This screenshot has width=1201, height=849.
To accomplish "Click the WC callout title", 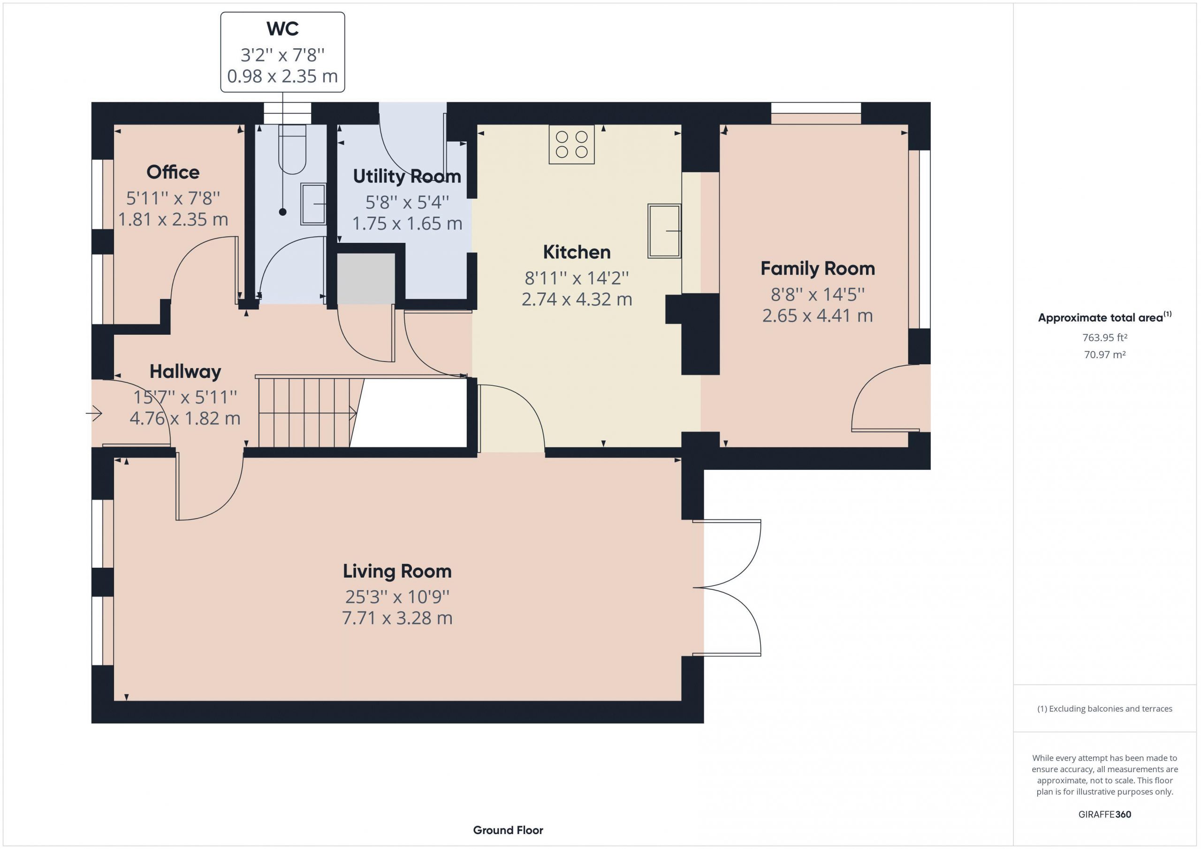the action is pyautogui.click(x=282, y=29).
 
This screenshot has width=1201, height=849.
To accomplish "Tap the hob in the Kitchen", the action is pyautogui.click(x=571, y=144).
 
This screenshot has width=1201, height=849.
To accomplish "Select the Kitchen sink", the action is pyautogui.click(x=664, y=231).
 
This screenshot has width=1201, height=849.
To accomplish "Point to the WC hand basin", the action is pyautogui.click(x=313, y=204).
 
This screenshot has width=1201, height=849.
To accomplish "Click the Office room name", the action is pyautogui.click(x=173, y=172).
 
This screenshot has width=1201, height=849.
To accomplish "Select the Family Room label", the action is pyautogui.click(x=818, y=268).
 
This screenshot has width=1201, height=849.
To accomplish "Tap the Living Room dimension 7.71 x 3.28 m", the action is pyautogui.click(x=397, y=618).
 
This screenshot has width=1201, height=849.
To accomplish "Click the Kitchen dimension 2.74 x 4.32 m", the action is pyautogui.click(x=577, y=299).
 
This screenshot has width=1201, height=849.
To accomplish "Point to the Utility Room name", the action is pyautogui.click(x=407, y=176).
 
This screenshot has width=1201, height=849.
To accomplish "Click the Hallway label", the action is pyautogui.click(x=185, y=372).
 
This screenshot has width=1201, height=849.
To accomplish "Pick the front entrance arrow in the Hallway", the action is pyautogui.click(x=94, y=413).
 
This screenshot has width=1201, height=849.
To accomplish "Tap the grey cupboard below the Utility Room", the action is pyautogui.click(x=365, y=278).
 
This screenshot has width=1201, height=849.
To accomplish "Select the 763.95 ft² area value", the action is pyautogui.click(x=1104, y=338).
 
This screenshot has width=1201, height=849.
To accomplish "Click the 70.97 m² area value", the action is pyautogui.click(x=1105, y=354).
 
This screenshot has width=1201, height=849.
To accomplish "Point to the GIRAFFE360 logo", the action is pyautogui.click(x=1105, y=814).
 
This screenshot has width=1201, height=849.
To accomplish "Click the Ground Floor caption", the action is pyautogui.click(x=508, y=830).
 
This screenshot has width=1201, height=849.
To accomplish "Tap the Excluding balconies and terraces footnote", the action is pyautogui.click(x=1105, y=708).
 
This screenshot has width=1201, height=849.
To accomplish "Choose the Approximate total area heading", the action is pyautogui.click(x=1105, y=317).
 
